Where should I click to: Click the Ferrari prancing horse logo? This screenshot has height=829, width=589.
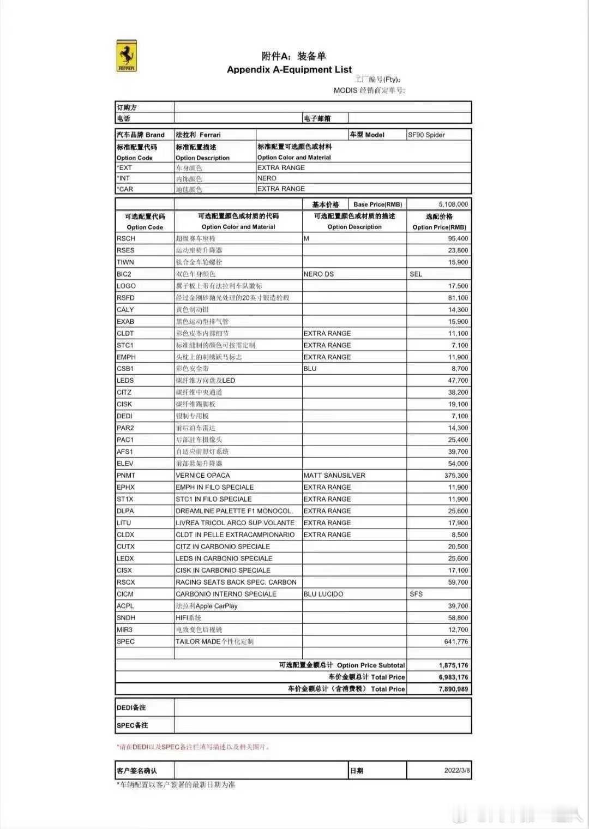coord(127,56)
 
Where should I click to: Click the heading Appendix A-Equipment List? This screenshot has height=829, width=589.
coord(289,70)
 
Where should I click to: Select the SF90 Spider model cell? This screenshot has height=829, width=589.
coord(426,135)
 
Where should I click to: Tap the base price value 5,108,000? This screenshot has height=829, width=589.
coord(453,205)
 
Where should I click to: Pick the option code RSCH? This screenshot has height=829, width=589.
coord(126,239)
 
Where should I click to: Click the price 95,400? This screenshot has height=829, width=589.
coord(458,239)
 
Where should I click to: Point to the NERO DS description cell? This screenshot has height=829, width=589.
coord(318,274)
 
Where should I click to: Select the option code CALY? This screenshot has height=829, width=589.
coord(125,310)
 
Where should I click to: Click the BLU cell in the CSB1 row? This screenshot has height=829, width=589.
coord(310,369)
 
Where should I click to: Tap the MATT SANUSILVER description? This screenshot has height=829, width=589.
coord(334,476)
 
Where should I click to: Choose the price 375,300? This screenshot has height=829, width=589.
coord(456,476)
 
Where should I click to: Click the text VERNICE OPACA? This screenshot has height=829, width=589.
coord(203,476)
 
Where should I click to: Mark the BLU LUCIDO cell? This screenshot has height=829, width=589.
coord(323,594)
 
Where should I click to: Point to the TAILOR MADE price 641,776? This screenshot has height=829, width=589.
coord(456,642)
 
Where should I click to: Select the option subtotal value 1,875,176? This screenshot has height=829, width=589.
coord(453,665)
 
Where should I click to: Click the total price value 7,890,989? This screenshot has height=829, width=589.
coord(453,689)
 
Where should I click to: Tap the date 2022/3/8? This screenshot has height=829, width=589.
coord(457,771)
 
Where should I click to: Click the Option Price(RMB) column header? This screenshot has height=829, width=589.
coord(439,227)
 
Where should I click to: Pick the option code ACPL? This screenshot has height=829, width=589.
coord(125,606)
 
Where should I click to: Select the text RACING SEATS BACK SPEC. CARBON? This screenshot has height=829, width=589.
coord(236,582)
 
